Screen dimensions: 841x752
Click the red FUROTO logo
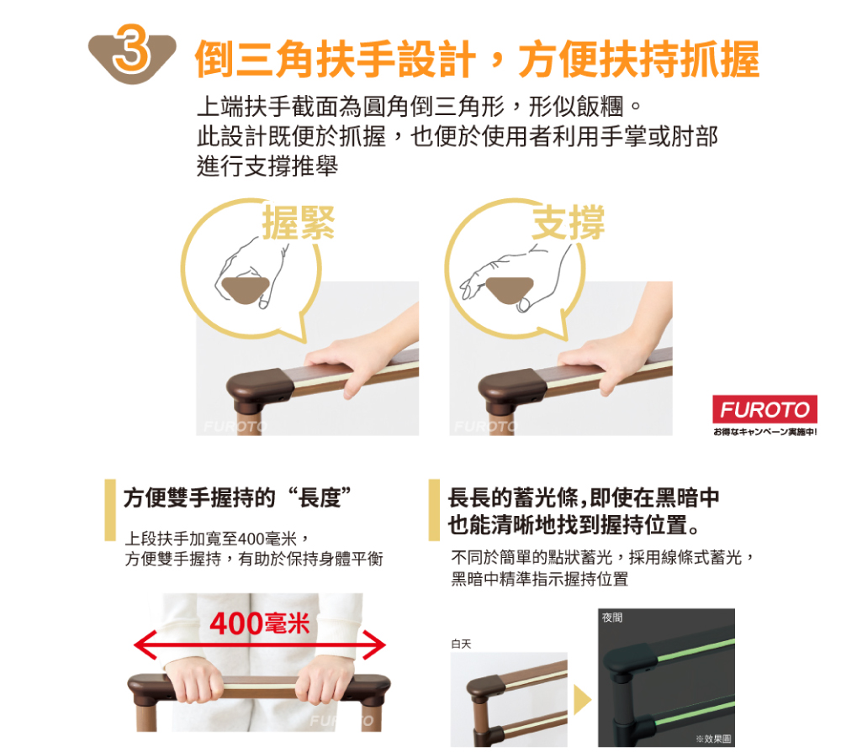(764, 409)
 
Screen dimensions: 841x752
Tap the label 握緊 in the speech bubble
(299, 222)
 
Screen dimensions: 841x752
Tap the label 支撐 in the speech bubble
(569, 222)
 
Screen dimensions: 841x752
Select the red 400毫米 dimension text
(260, 623)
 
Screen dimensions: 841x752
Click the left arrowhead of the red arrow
(144, 644)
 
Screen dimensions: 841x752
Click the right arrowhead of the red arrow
(375, 644)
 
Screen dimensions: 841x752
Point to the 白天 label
(461, 644)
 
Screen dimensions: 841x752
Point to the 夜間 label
(612, 618)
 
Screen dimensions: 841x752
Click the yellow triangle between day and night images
(582, 700)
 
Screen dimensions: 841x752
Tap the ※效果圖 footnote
(713, 739)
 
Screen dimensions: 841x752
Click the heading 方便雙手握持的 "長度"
(238, 497)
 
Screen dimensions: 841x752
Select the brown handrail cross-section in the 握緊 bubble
(246, 290)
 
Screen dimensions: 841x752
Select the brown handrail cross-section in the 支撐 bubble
(510, 290)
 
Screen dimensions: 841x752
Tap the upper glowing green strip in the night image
(696, 649)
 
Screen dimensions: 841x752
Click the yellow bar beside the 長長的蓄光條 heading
(434, 510)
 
